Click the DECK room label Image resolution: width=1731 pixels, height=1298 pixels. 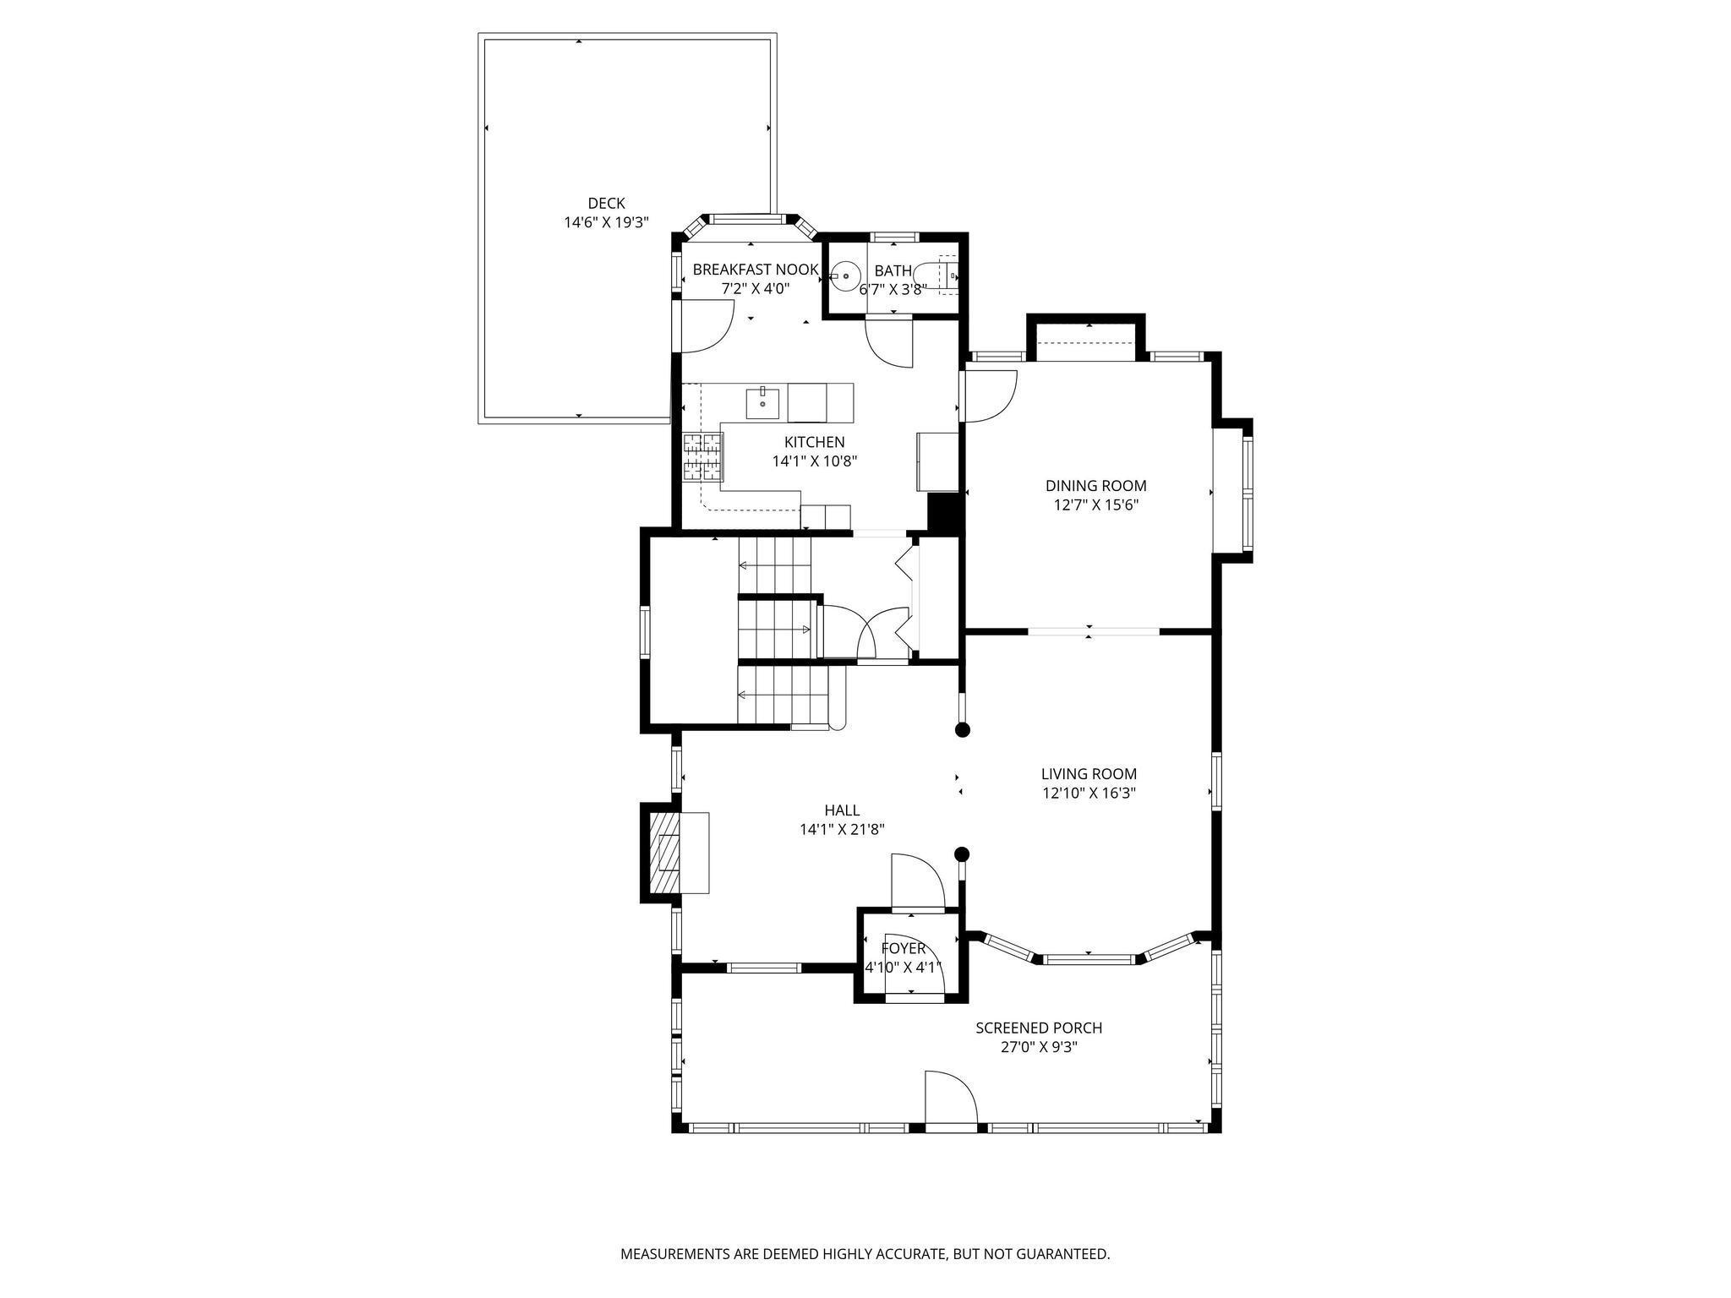[606, 203]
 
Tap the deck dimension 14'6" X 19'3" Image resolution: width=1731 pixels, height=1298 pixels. [606, 223]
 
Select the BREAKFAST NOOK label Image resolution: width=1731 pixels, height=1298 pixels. [756, 270]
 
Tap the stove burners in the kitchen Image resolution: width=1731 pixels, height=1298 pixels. [703, 456]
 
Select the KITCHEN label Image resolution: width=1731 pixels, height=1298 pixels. [814, 442]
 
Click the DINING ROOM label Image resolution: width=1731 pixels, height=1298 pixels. [1095, 486]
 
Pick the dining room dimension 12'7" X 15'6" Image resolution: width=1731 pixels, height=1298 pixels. [1095, 505]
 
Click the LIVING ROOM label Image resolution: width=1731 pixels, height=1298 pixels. [1089, 774]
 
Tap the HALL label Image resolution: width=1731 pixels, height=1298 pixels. [842, 810]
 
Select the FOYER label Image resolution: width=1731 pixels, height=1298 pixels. [904, 948]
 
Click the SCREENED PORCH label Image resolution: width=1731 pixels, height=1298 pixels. [1039, 1028]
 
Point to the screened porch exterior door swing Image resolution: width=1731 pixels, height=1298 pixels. [951, 1098]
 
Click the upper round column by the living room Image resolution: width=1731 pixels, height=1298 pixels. [962, 730]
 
